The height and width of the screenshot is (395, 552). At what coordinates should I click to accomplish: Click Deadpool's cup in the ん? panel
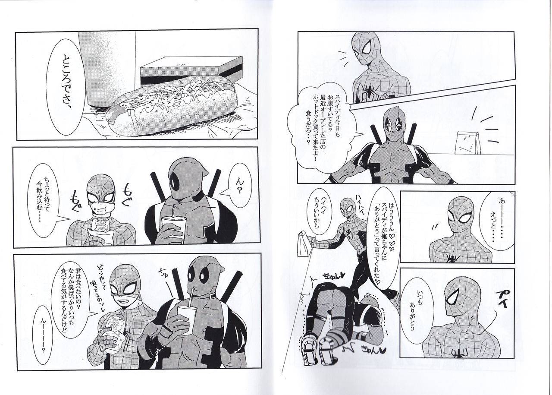click(172, 228)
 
